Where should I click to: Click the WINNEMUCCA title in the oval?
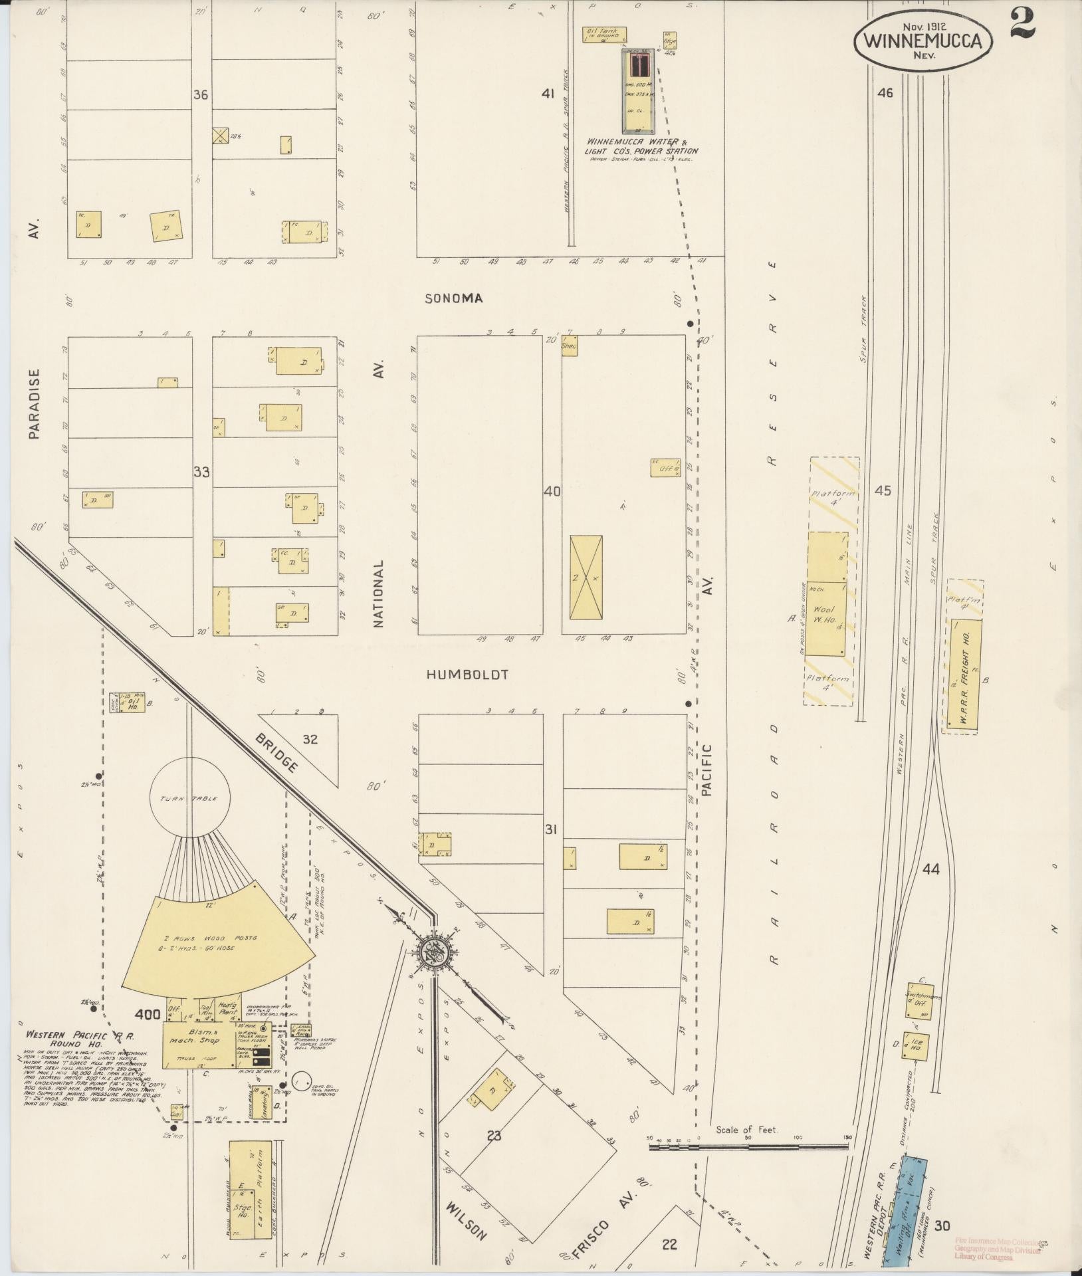(922, 41)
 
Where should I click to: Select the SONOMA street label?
(454, 299)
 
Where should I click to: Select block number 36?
(200, 95)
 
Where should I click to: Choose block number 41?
(547, 94)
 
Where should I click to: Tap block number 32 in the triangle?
(310, 738)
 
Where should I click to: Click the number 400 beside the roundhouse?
(148, 1033)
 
